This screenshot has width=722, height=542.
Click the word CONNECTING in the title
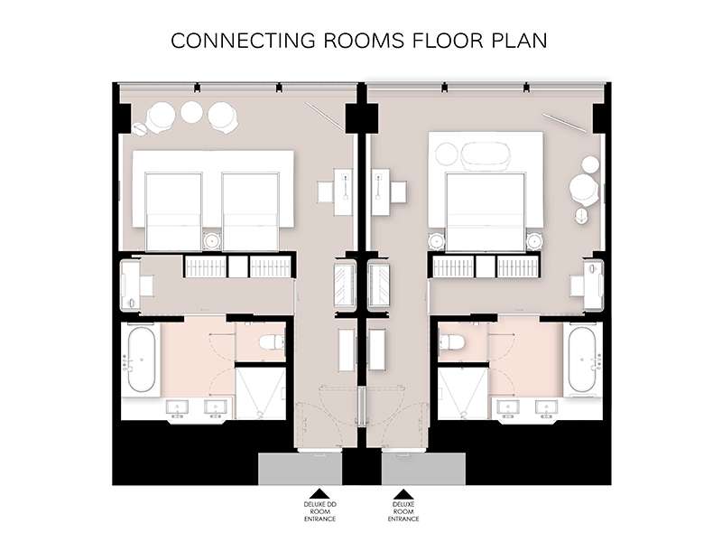[243, 41]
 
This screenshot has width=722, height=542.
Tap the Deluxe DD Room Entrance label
[320, 511]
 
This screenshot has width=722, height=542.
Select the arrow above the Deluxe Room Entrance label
[403, 493]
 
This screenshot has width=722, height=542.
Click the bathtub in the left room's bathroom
[142, 360]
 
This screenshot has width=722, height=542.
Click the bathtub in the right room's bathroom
[582, 360]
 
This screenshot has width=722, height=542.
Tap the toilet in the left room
[273, 342]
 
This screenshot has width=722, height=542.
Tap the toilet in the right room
[452, 341]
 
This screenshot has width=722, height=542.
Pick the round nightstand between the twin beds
[212, 240]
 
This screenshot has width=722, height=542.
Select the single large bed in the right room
[486, 212]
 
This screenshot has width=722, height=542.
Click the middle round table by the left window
[191, 111]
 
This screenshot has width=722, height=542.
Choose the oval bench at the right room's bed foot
[486, 154]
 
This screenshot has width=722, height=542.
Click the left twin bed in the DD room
[173, 212]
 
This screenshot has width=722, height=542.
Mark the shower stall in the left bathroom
[261, 393]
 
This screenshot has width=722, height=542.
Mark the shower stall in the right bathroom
[462, 393]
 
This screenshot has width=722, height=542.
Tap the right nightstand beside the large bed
[534, 240]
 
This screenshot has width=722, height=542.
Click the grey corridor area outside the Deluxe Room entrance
[423, 469]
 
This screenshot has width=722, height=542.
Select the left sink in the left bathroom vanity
[177, 407]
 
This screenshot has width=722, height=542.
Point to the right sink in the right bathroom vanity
[546, 407]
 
